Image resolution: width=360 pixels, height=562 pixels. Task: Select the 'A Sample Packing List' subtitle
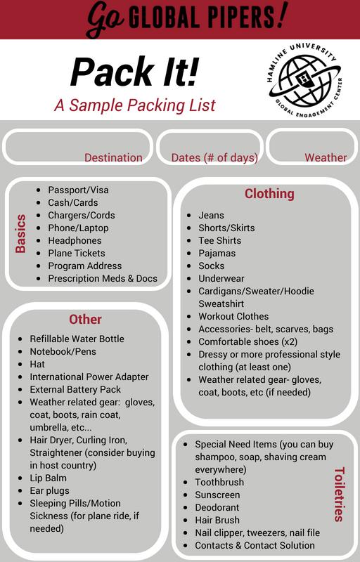click(135, 105)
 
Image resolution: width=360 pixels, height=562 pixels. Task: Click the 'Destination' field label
click(113, 158)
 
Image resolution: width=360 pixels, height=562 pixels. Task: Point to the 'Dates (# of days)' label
click(214, 158)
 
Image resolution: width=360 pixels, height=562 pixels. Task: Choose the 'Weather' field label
click(326, 158)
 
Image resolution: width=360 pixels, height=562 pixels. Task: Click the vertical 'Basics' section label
click(21, 234)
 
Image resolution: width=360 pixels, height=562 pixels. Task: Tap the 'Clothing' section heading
click(269, 194)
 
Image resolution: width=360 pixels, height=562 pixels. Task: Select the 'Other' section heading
click(85, 320)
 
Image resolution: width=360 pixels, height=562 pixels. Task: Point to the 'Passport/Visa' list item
click(78, 190)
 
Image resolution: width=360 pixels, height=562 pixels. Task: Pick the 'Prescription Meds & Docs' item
click(103, 279)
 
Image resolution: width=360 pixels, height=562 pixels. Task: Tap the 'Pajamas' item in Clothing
click(217, 254)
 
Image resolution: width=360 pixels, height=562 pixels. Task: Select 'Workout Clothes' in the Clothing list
click(233, 317)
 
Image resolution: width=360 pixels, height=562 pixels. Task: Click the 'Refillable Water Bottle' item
click(77, 339)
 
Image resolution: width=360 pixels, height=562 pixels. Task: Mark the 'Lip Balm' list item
click(49, 478)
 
